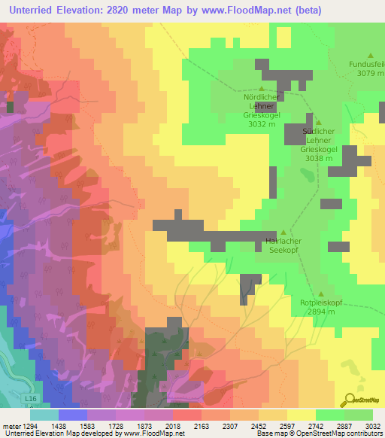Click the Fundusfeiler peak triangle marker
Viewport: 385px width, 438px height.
coord(370,55)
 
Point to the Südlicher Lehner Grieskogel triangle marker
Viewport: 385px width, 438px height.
coord(317,122)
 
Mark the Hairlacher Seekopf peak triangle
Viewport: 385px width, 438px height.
coord(283,233)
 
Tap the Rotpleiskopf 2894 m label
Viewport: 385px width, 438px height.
coord(321,306)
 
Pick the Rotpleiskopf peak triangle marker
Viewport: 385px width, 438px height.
coord(321,294)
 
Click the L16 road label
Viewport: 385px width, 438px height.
coord(30,397)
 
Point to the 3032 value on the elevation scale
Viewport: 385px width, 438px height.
coord(373,425)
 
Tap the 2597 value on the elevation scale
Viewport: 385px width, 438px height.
coord(286,425)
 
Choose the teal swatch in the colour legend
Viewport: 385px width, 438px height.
coord(44,414)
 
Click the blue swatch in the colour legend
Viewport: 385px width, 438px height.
coord(72,414)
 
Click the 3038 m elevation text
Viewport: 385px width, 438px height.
coord(316,159)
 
